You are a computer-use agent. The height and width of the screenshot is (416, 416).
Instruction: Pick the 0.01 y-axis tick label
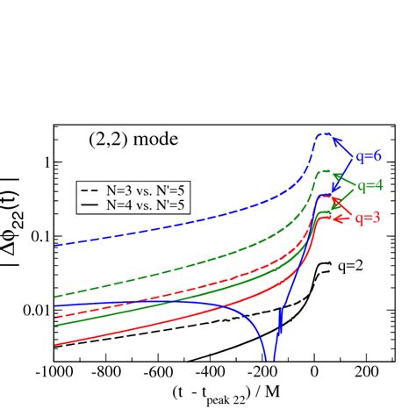(x=33, y=311)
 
